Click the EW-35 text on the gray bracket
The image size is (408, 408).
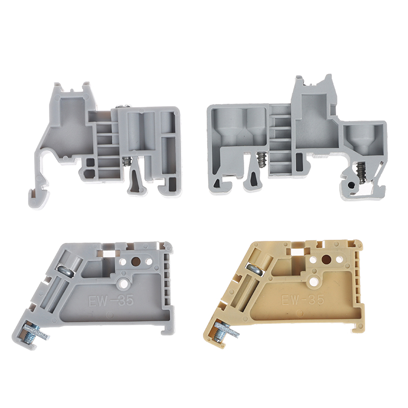[x=111, y=301]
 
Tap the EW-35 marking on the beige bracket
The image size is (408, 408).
[x=303, y=299]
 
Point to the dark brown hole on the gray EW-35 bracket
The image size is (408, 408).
[x=136, y=261]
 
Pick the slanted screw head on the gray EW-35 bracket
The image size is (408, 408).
[x=65, y=271]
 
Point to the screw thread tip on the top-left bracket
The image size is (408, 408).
[x=126, y=161]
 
